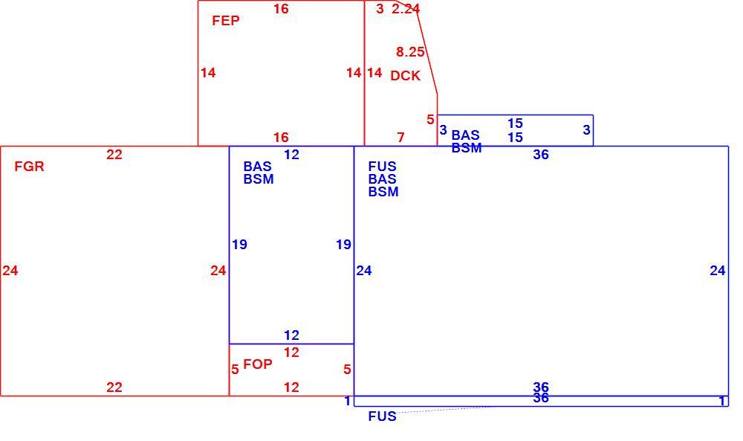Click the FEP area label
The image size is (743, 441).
click(x=226, y=21)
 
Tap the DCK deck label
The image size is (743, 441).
click(x=405, y=76)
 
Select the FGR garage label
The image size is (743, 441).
click(x=30, y=167)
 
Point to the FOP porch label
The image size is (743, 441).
click(x=258, y=364)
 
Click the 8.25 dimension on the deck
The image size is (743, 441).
click(x=410, y=52)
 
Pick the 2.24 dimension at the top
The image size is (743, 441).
click(x=406, y=8)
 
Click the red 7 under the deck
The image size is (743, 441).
click(x=401, y=138)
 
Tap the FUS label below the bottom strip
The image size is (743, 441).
click(x=382, y=416)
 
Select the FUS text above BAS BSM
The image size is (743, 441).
click(x=382, y=167)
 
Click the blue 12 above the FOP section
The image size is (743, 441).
click(x=291, y=335)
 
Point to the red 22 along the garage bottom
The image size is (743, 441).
click(x=114, y=387)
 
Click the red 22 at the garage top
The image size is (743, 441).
click(x=114, y=155)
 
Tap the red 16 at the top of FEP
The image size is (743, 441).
click(x=281, y=8)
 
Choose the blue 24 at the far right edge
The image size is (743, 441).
click(x=718, y=270)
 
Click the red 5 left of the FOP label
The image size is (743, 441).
click(x=235, y=370)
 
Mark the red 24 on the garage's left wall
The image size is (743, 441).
click(x=10, y=270)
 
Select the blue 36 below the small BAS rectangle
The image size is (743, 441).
click(x=541, y=155)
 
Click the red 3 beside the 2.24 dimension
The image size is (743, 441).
click(x=380, y=8)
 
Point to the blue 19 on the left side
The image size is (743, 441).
click(x=239, y=244)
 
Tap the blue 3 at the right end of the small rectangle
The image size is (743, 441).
click(x=587, y=129)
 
